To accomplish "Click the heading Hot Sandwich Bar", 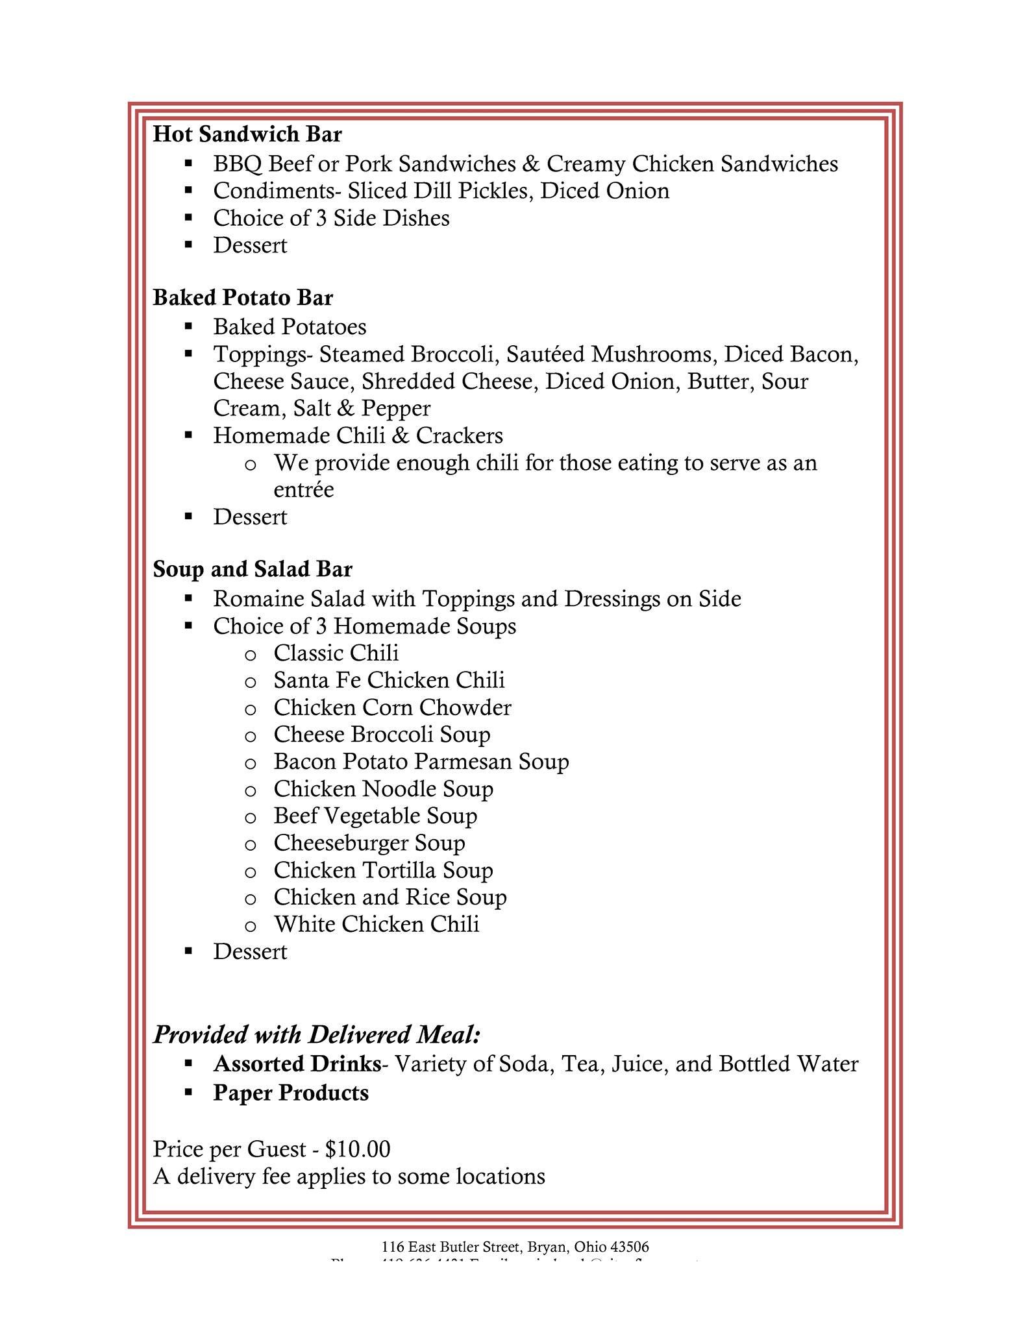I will [x=247, y=134].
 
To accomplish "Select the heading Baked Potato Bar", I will [x=243, y=298].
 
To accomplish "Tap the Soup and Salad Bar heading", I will [x=253, y=569].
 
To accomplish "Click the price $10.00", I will [x=358, y=1149].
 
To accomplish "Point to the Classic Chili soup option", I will [x=336, y=653].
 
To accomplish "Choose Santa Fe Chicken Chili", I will [x=389, y=680].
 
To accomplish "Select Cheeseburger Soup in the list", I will [x=369, y=843].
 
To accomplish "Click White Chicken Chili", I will [x=377, y=924].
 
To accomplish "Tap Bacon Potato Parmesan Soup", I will [x=421, y=761].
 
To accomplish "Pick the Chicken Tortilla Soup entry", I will [x=384, y=870].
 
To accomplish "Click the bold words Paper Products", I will [x=291, y=1093].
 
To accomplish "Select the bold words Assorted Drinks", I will [x=297, y=1064].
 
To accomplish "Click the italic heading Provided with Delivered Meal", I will [x=317, y=1034].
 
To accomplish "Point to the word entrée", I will [x=304, y=489].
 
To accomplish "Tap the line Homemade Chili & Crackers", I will [x=358, y=435].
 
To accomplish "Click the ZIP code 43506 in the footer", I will [x=630, y=1247].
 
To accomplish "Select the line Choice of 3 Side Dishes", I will [x=331, y=218].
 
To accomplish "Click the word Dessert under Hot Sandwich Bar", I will [x=250, y=245].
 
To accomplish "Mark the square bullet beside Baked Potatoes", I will [x=188, y=326].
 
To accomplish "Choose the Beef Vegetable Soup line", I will [x=375, y=816].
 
